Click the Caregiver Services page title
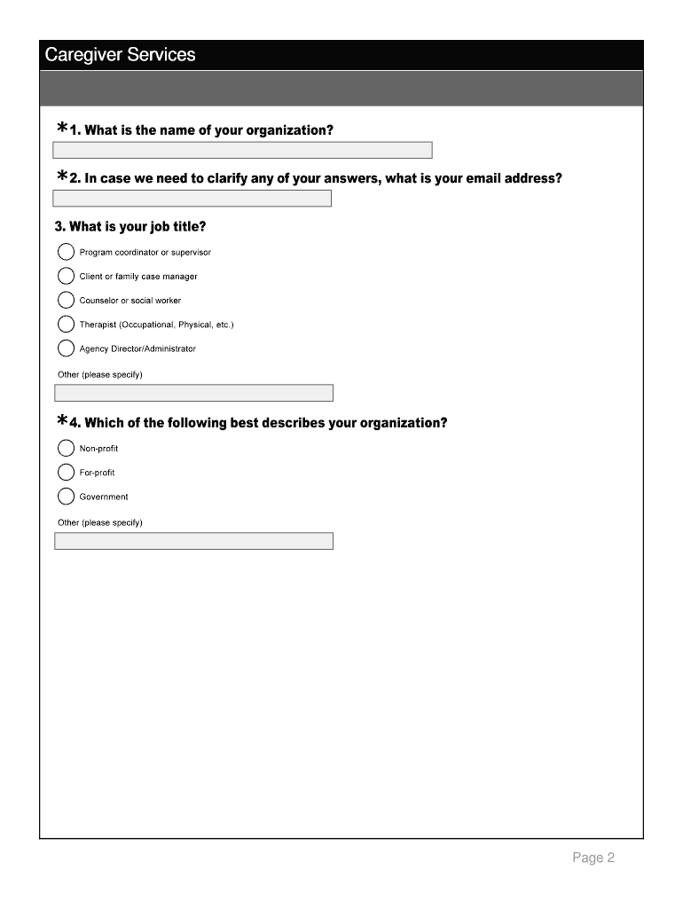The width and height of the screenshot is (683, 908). pyautogui.click(x=120, y=55)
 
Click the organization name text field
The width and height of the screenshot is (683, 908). pyautogui.click(x=243, y=150)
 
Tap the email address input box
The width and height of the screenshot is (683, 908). pyautogui.click(x=192, y=199)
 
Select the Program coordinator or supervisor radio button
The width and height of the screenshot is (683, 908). pyautogui.click(x=67, y=252)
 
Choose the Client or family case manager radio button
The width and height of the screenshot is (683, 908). pyautogui.click(x=67, y=276)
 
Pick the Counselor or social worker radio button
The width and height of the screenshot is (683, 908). pyautogui.click(x=67, y=300)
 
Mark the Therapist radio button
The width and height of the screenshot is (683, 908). pyautogui.click(x=67, y=325)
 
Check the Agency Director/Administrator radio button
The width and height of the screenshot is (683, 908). pyautogui.click(x=67, y=348)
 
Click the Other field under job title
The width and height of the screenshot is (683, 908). pyautogui.click(x=193, y=393)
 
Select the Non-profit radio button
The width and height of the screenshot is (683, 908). pyautogui.click(x=67, y=448)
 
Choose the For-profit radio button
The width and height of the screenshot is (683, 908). pyautogui.click(x=67, y=473)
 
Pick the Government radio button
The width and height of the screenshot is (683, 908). pyautogui.click(x=67, y=497)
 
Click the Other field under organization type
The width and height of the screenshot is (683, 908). pyautogui.click(x=193, y=541)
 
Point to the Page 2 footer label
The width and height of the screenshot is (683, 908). pyautogui.click(x=593, y=857)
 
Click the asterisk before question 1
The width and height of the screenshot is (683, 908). pyautogui.click(x=62, y=129)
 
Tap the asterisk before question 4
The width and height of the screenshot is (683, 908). pyautogui.click(x=62, y=420)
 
